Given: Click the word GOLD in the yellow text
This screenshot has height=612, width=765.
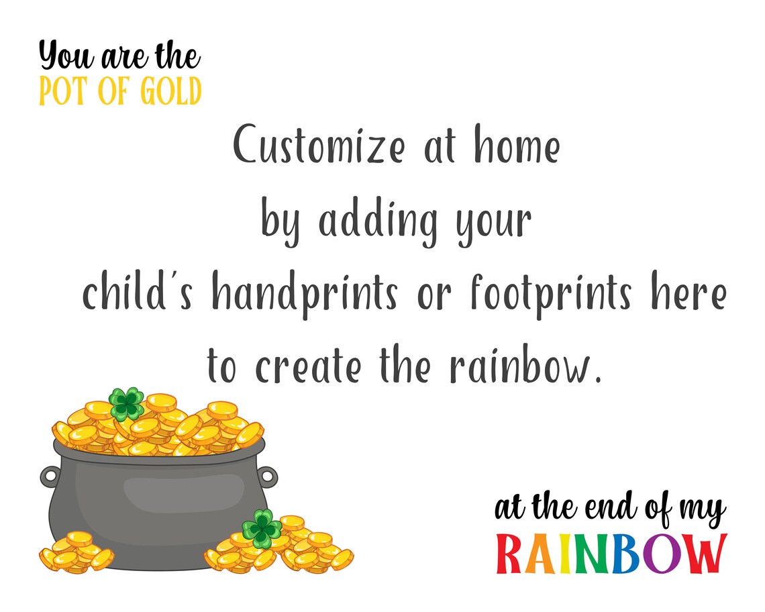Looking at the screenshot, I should (170, 93).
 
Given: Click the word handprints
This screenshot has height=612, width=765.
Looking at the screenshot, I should (304, 295).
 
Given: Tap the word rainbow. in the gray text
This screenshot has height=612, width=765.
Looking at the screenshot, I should (523, 366).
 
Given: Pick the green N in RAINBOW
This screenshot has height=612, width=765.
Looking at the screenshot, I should (591, 554).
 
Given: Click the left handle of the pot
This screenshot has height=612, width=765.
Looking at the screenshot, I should (50, 476).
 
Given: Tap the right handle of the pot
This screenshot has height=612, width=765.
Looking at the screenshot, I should (267, 476).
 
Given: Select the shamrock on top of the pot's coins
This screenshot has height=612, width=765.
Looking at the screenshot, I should (127, 403).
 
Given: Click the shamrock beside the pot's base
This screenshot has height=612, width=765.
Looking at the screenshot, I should (261, 528).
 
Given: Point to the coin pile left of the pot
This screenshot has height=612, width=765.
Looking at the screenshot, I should (75, 552).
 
